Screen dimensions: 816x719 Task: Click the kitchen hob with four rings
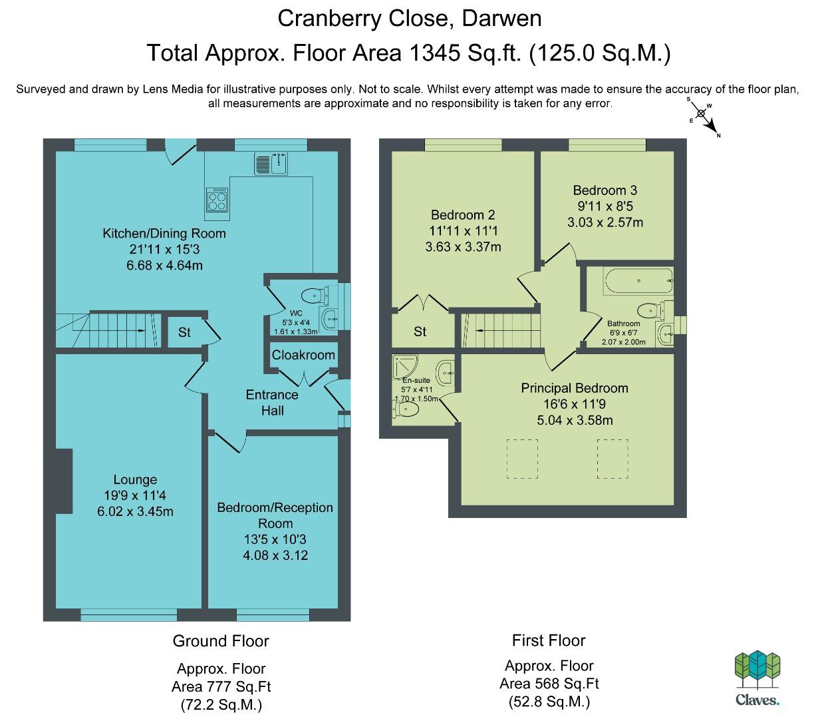click(x=217, y=200)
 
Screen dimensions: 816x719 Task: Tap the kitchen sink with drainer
click(x=271, y=163)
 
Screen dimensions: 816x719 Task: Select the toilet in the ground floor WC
click(x=315, y=296)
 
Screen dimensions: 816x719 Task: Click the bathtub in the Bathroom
click(x=638, y=281)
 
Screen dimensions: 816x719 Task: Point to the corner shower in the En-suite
click(x=405, y=367)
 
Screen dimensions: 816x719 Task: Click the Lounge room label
click(x=135, y=479)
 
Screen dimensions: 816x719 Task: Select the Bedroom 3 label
click(x=605, y=190)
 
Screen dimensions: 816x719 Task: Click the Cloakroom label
click(x=303, y=355)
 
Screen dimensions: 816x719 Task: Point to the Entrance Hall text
click(x=272, y=403)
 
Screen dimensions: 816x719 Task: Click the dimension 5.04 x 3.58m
click(x=575, y=420)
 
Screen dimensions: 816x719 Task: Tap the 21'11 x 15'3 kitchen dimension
click(x=164, y=249)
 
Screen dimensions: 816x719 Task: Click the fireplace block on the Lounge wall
click(x=64, y=481)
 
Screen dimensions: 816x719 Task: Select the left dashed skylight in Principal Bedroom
click(x=522, y=459)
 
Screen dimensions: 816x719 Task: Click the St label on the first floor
click(x=420, y=332)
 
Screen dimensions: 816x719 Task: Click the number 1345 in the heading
click(x=434, y=53)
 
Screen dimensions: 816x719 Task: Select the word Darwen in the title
click(x=501, y=19)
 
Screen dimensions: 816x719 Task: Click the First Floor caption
click(x=549, y=640)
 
